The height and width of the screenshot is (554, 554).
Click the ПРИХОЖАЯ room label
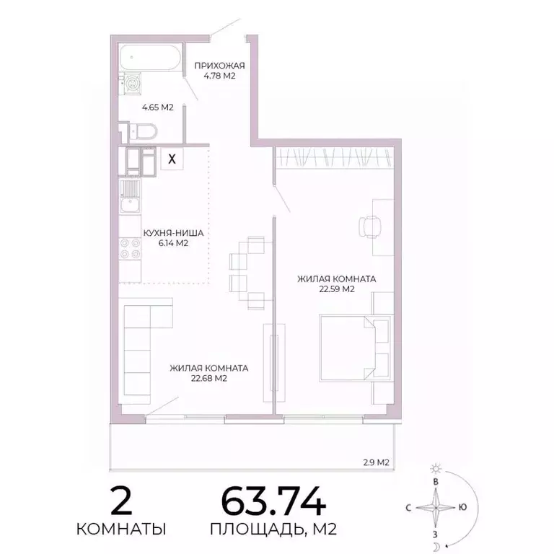(x=215, y=66)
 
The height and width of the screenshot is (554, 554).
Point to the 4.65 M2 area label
(x=157, y=107)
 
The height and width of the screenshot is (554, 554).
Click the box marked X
(x=172, y=159)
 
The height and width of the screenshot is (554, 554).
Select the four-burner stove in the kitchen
(x=130, y=249)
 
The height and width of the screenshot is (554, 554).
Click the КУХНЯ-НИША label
(x=173, y=233)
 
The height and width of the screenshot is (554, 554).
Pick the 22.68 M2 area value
(x=209, y=378)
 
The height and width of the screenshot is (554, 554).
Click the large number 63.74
(x=273, y=501)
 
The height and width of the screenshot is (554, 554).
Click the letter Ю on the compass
(x=462, y=507)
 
